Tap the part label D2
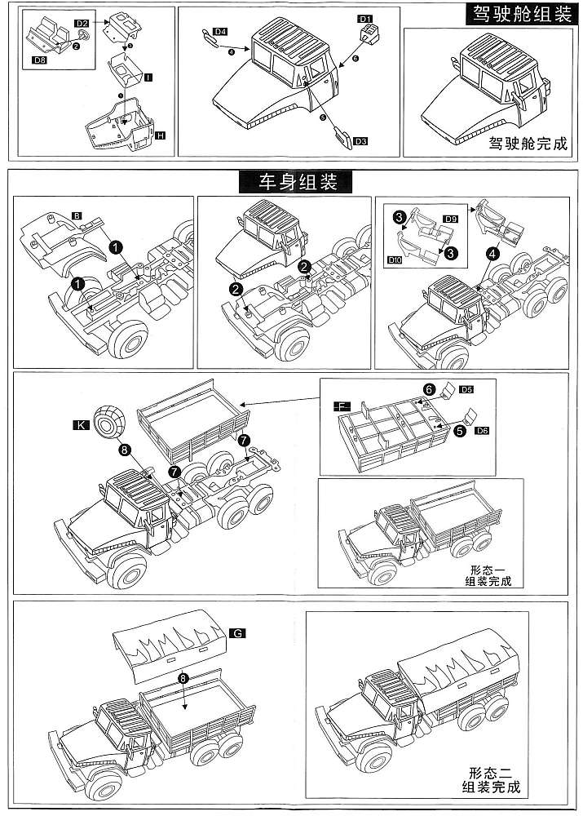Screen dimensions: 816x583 coord(83,24)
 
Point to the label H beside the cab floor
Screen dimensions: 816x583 coord(160,133)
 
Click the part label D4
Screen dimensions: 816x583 coord(219,31)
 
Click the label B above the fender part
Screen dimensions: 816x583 coord(76,215)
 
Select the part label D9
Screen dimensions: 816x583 coord(451,220)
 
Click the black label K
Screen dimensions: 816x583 coord(81,425)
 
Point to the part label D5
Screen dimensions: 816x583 coord(466,391)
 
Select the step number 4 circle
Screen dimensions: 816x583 coord(492,254)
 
